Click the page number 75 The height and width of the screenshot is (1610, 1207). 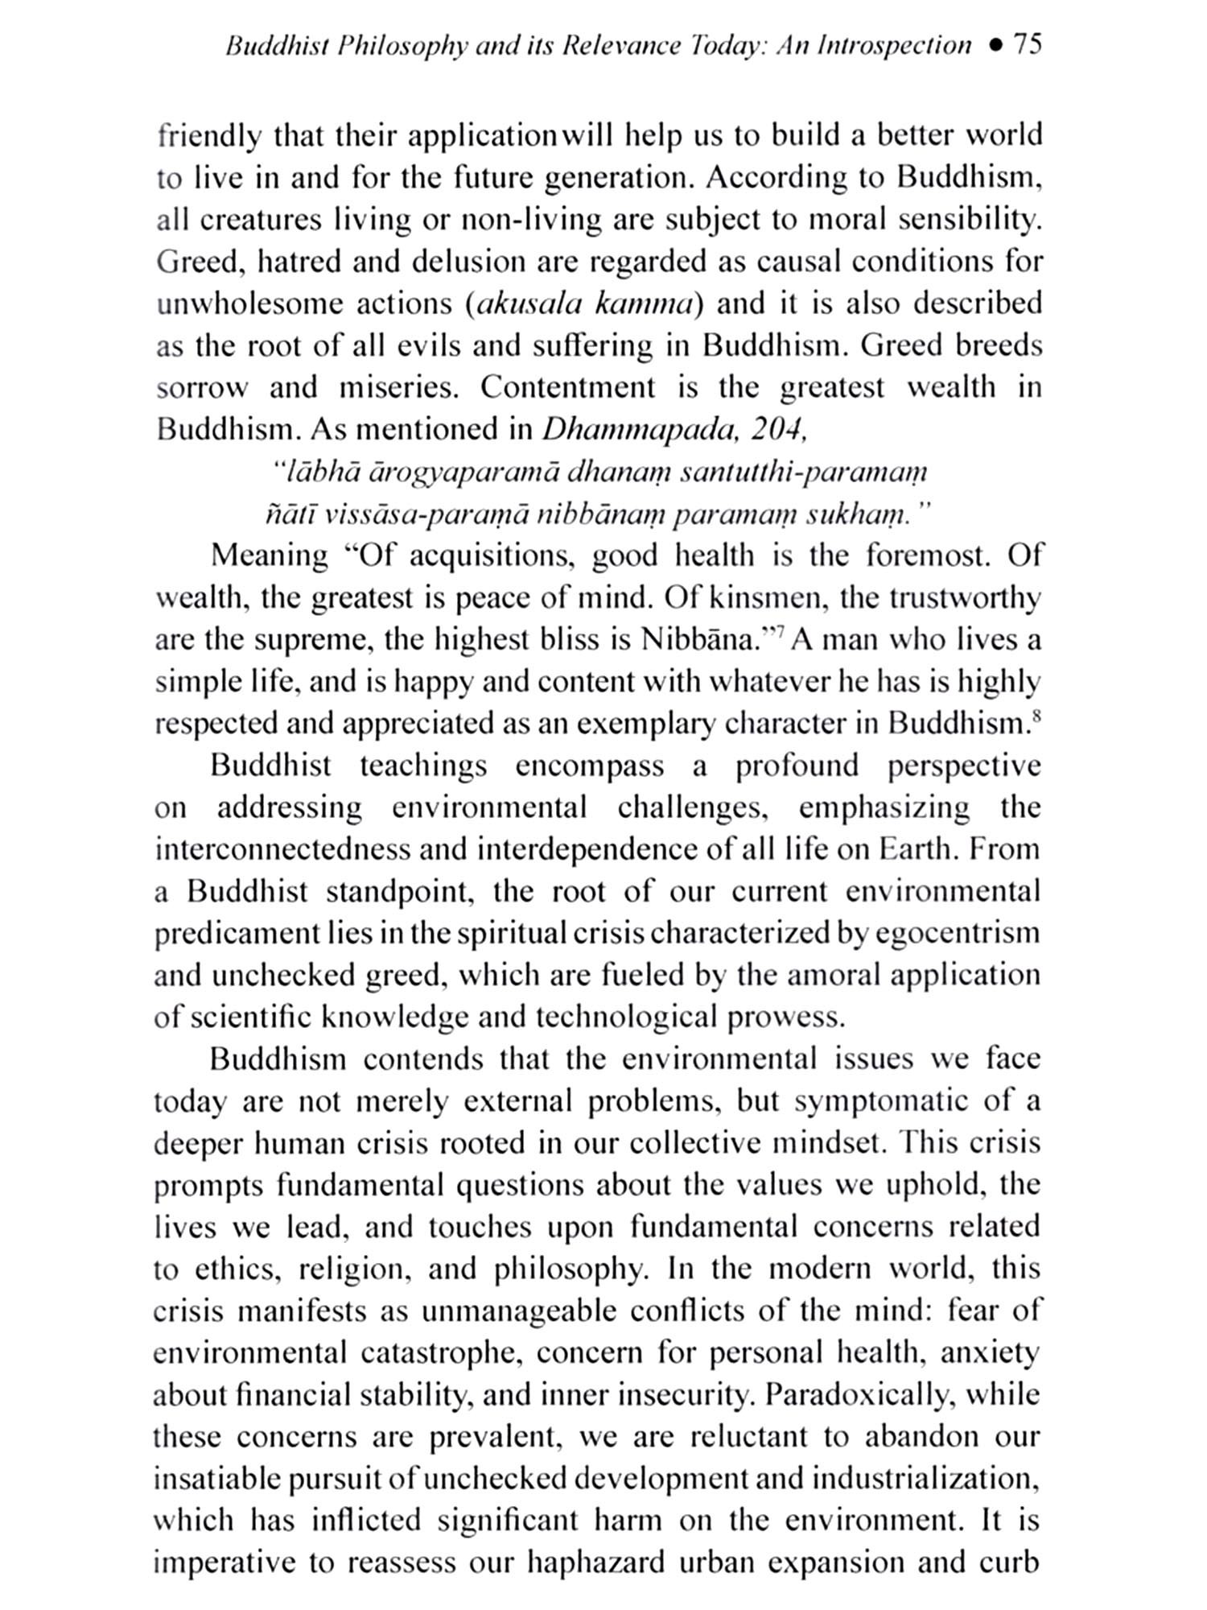pos(1028,43)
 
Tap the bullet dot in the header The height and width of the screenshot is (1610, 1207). pos(996,45)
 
